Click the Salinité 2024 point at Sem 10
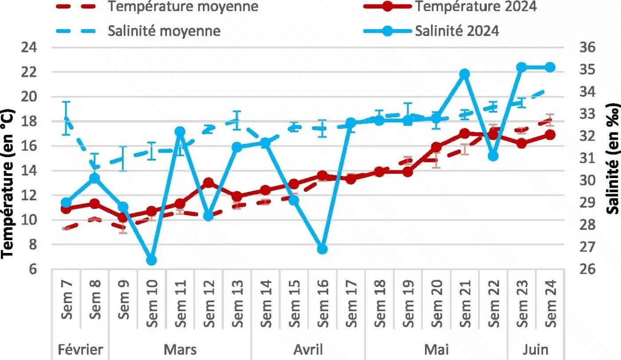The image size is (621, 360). pyautogui.click(x=151, y=260)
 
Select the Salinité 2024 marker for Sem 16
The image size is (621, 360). pyautogui.click(x=322, y=249)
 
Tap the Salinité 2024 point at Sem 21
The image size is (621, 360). pyautogui.click(x=465, y=74)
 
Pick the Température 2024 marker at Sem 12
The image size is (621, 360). pyautogui.click(x=208, y=183)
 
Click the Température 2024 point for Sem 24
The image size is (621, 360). pyautogui.click(x=550, y=135)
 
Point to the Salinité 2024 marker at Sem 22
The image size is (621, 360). pyautogui.click(x=493, y=156)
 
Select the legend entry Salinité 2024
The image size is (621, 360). pyautogui.click(x=457, y=31)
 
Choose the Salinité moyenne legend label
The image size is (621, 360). pyautogui.click(x=164, y=31)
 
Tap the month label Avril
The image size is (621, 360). pyautogui.click(x=308, y=349)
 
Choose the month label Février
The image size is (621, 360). pyautogui.click(x=80, y=349)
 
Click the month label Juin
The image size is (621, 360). pyautogui.click(x=536, y=349)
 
